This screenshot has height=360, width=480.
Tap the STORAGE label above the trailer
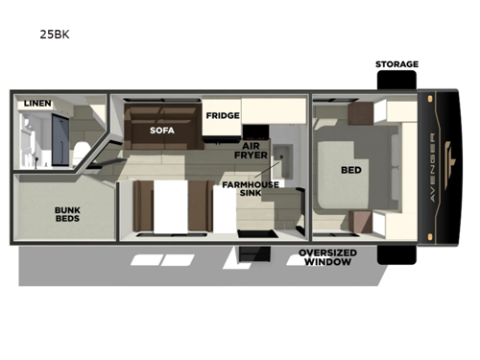396,64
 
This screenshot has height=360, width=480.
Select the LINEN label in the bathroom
37,103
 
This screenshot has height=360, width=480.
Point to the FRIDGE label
222,115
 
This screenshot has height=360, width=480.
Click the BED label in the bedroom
351,170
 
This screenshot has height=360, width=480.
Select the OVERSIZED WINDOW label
328,256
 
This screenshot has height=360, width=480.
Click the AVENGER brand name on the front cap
441,169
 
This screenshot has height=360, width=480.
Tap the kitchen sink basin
284,152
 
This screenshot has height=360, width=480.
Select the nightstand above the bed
360,114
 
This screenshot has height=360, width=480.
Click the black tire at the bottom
396,254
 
